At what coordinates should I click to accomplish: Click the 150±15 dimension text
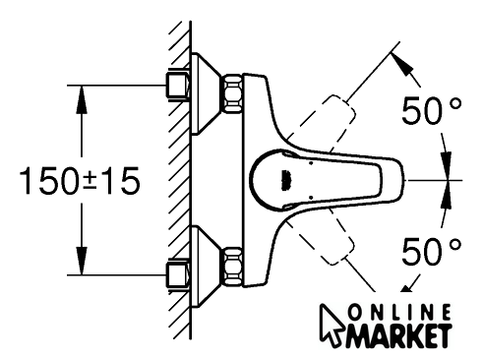coord(80,181)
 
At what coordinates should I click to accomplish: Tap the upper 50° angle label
coord(432,110)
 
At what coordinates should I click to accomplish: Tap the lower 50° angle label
coord(432,252)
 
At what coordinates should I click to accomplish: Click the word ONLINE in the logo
coord(399,313)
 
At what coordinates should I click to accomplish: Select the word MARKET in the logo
coord(398,336)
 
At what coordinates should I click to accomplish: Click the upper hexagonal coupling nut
coord(233,93)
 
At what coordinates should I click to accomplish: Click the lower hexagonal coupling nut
coord(233,267)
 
